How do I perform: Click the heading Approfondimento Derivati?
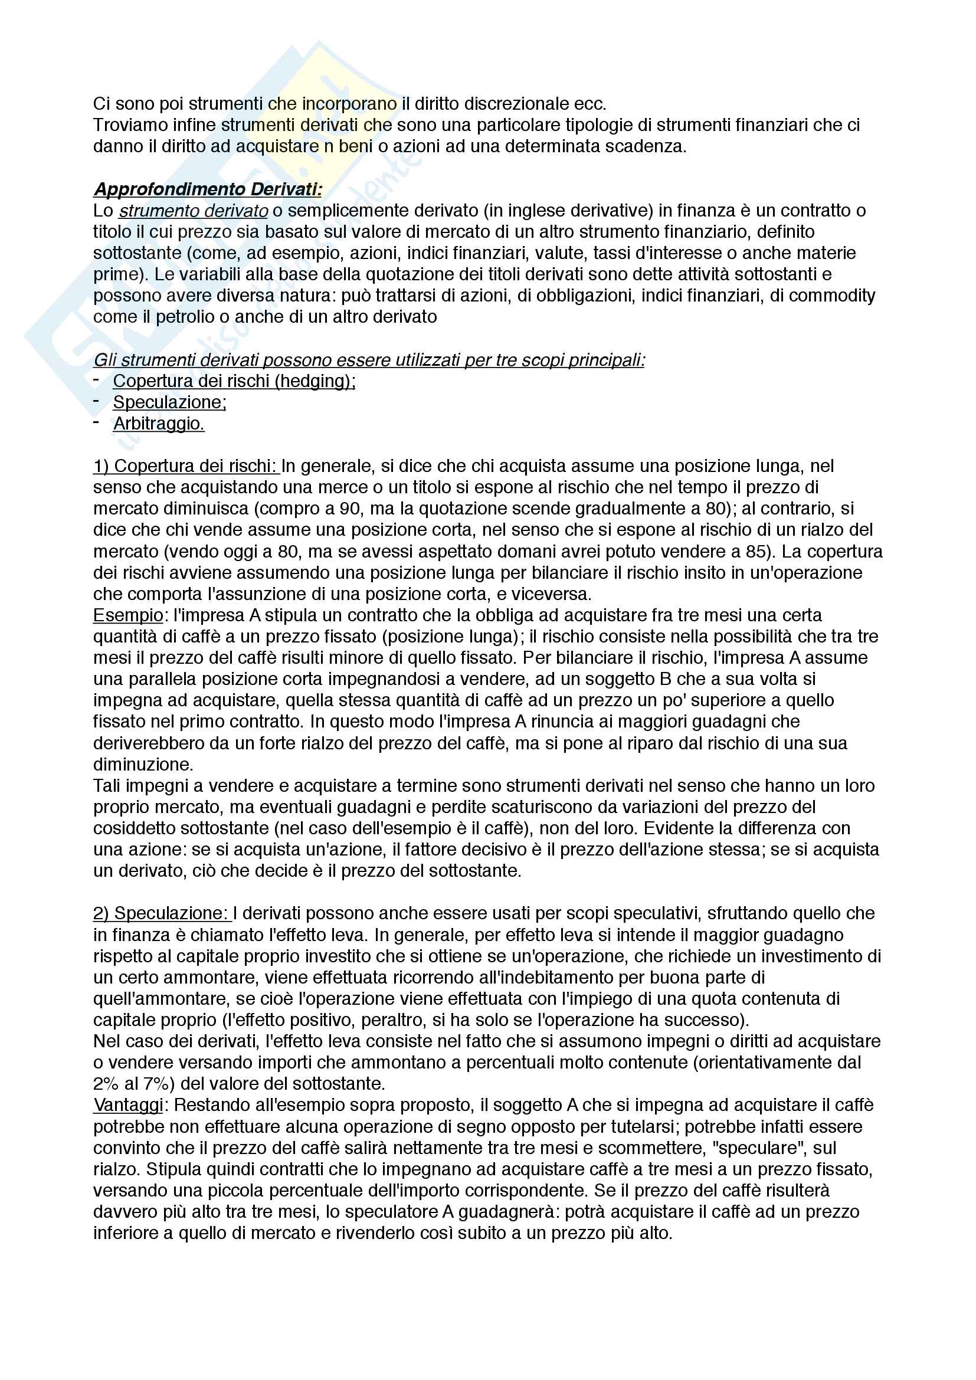pos(207,189)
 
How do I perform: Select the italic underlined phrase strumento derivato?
pos(193,211)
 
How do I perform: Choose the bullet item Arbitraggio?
pos(159,424)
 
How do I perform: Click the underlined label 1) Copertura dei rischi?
pos(186,467)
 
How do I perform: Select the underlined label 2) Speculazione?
pos(161,913)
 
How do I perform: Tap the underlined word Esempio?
pos(128,615)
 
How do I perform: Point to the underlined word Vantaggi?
pos(128,1105)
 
